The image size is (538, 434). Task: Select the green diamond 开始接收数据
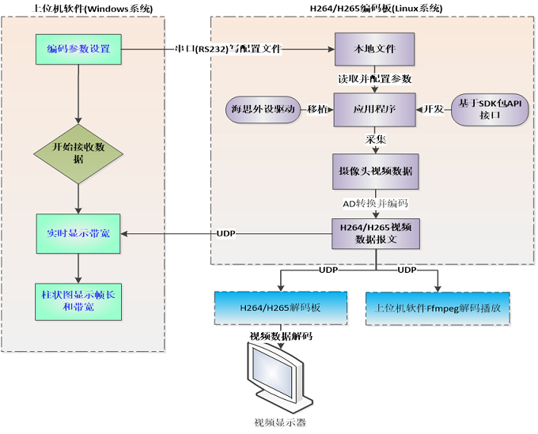[78, 153]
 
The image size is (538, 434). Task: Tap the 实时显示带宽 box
[78, 234]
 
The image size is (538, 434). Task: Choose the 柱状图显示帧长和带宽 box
[78, 300]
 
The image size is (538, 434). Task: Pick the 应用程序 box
[374, 108]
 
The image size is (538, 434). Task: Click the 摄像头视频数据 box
[374, 170]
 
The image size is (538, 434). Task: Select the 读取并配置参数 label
[375, 80]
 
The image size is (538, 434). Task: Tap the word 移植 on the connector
[316, 108]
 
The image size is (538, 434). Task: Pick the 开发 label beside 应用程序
[433, 108]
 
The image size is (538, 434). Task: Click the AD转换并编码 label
[375, 203]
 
